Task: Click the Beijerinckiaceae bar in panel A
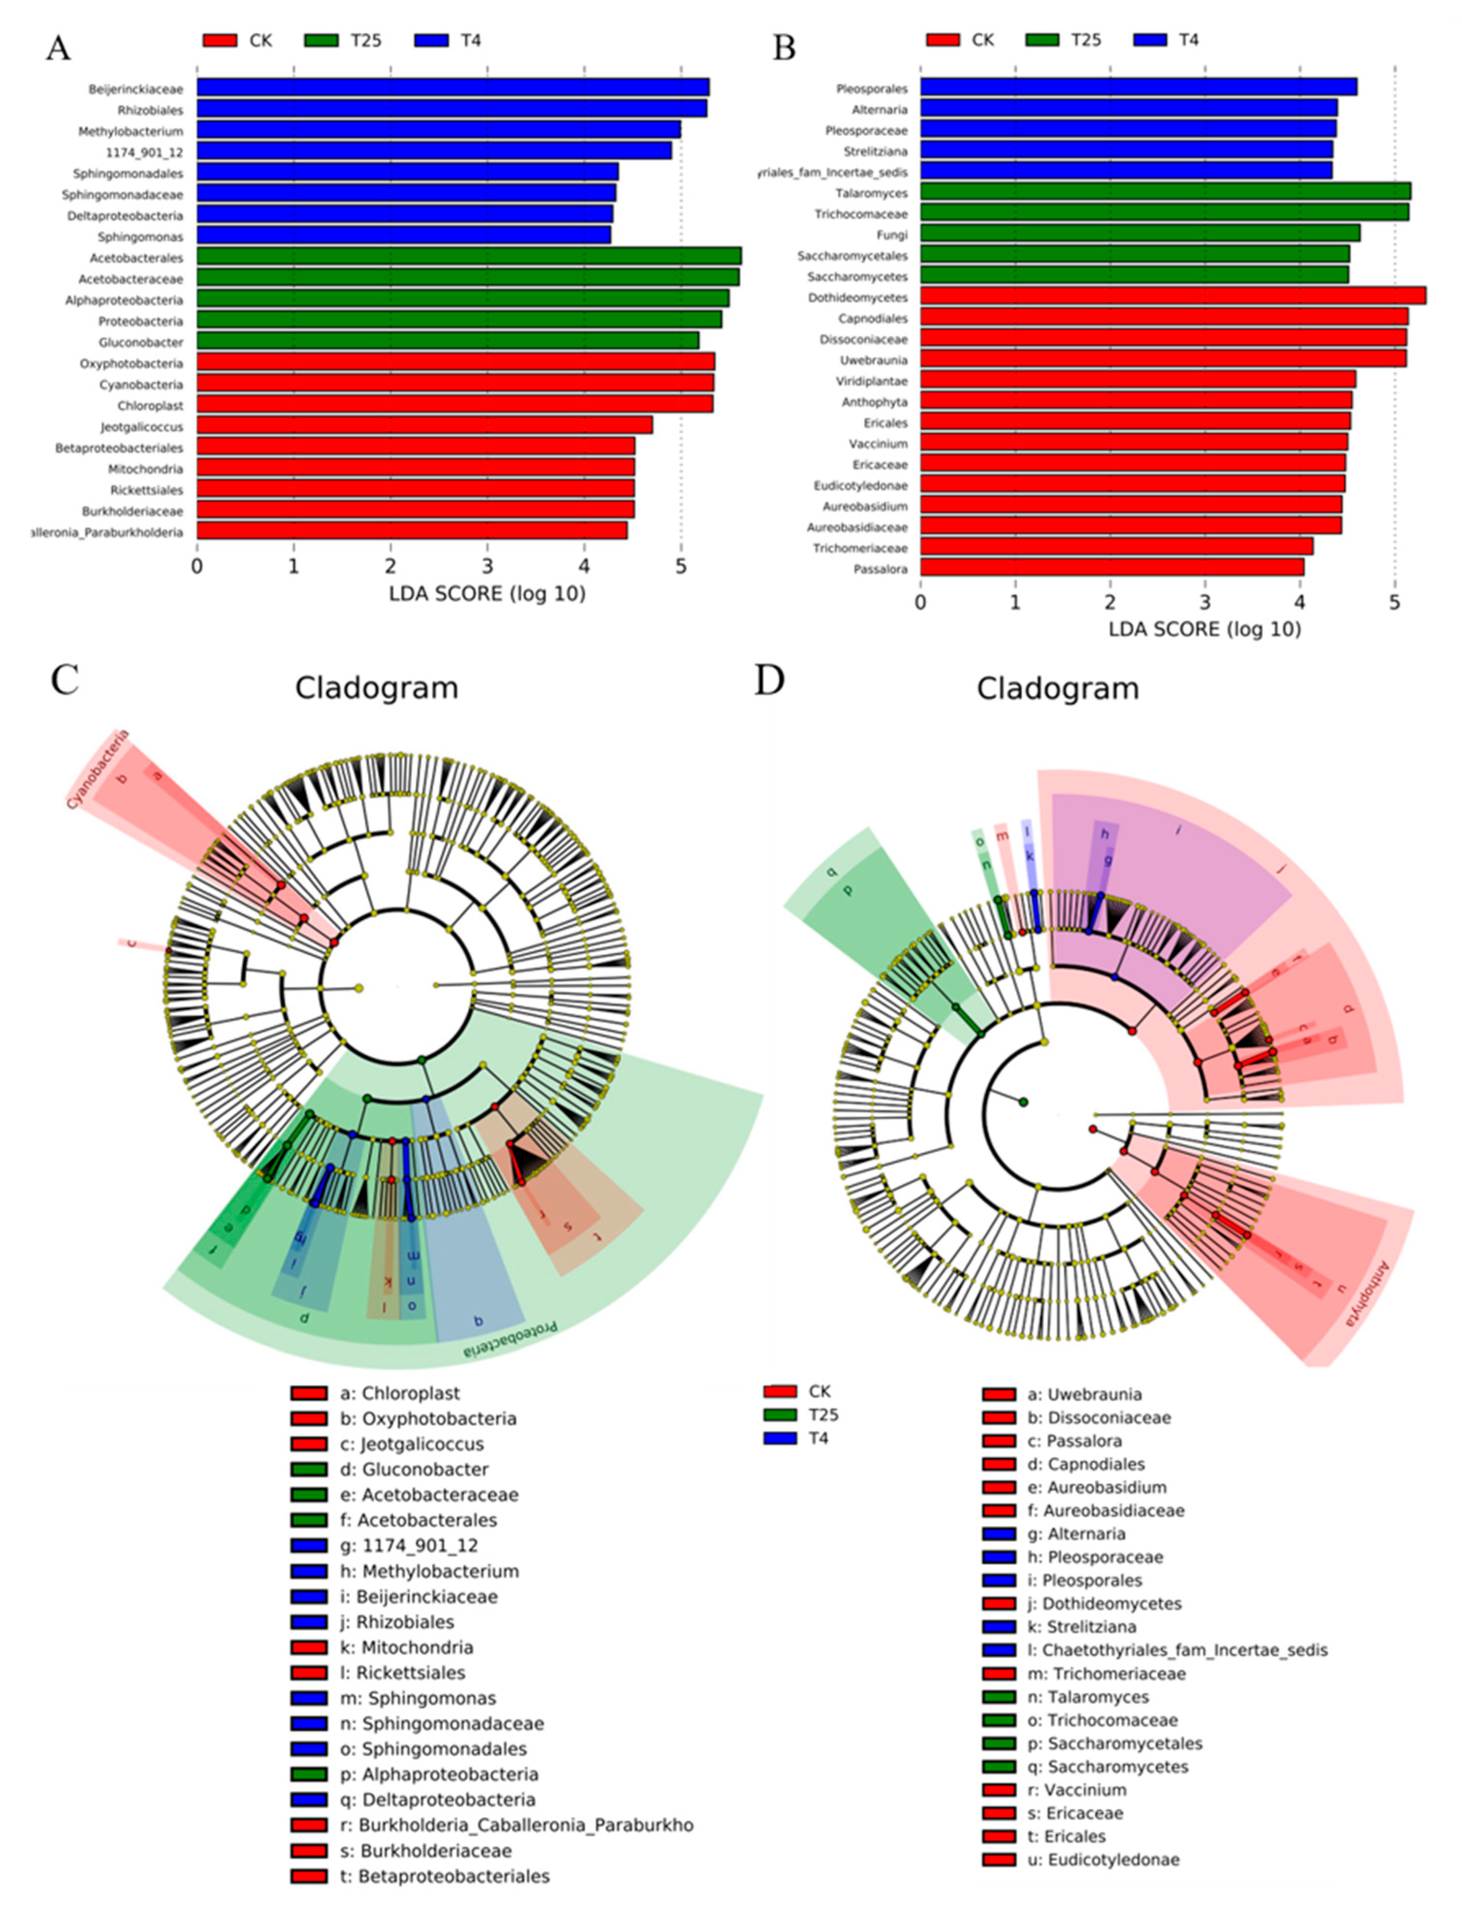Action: (x=453, y=88)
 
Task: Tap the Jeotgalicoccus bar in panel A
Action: (x=424, y=425)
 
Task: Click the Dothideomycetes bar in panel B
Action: (x=1172, y=297)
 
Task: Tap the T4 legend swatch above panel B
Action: (x=1152, y=40)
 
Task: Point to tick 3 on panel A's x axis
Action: (x=487, y=566)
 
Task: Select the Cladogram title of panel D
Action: (x=1057, y=688)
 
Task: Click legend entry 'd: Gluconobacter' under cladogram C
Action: (x=424, y=1470)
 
